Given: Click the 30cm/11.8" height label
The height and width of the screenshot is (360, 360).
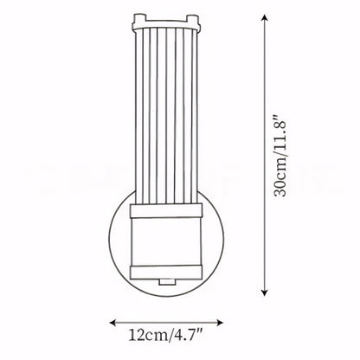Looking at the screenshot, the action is point(280,156).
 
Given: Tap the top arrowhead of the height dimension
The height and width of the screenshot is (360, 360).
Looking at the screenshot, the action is point(265,18).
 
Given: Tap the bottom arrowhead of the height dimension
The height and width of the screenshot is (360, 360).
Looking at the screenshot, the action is point(265,292).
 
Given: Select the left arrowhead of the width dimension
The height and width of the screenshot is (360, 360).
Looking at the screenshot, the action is point(112,323).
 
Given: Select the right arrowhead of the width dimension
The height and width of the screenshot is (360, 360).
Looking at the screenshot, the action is point(220,323).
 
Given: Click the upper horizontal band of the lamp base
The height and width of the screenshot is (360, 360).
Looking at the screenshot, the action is point(166,210).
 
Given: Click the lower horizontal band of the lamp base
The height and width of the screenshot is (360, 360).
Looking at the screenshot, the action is point(166,273).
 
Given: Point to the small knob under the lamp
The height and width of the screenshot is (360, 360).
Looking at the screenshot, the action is point(166,282).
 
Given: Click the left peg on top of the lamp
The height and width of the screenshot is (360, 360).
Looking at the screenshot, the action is point(139,19).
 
